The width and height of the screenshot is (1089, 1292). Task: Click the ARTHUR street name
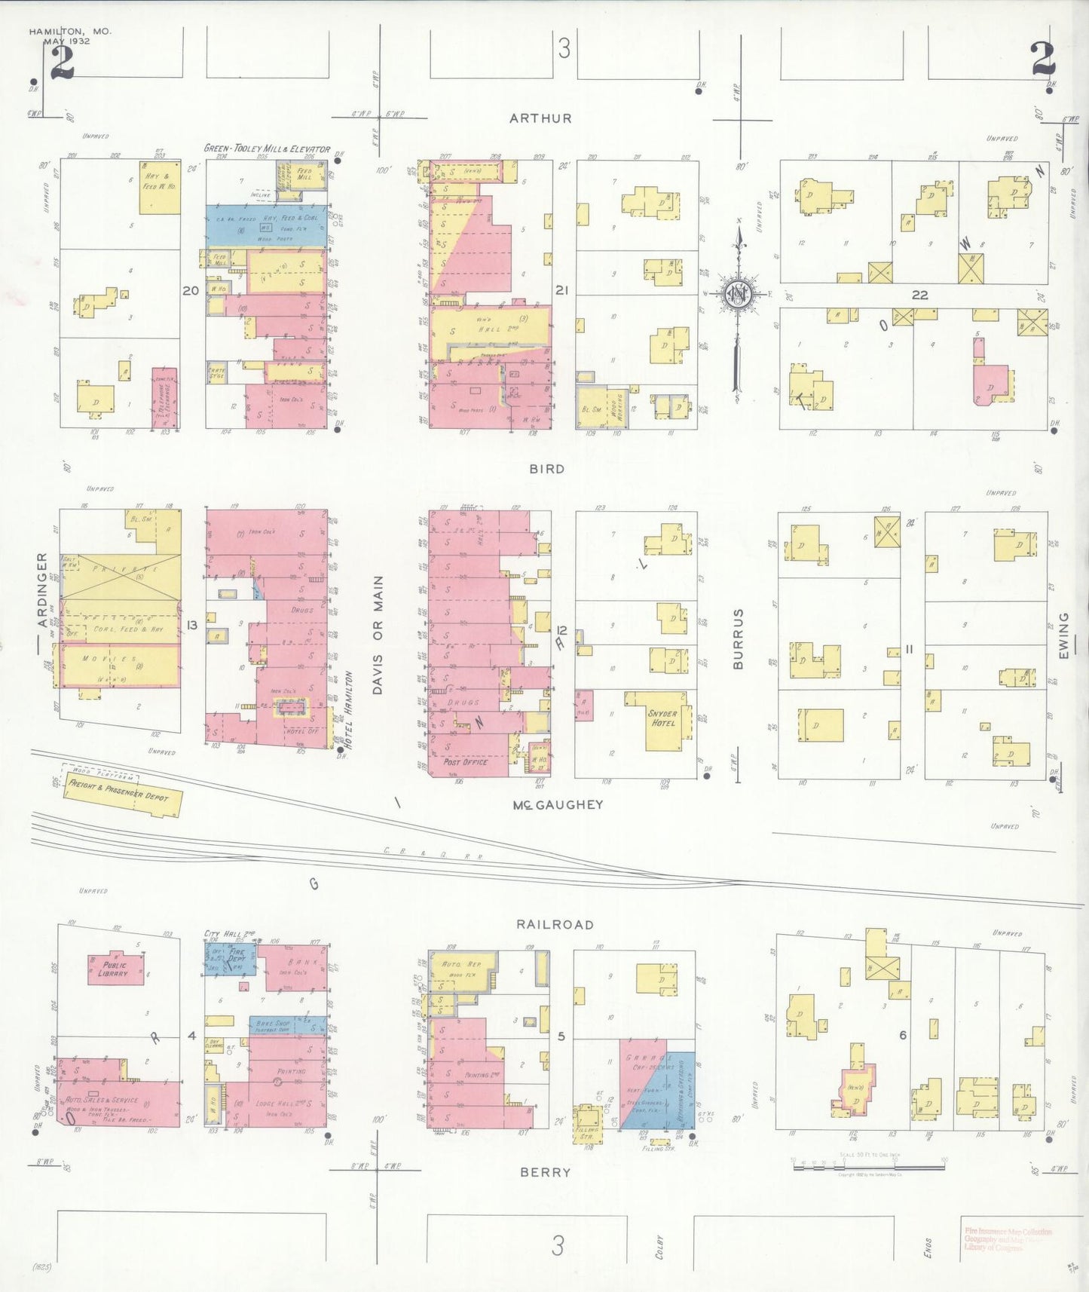(540, 118)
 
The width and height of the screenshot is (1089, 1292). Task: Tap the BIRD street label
(546, 469)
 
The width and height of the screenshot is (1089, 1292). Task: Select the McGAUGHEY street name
(558, 805)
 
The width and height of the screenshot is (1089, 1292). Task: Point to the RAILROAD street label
(555, 924)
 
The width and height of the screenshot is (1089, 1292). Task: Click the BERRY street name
(545, 1172)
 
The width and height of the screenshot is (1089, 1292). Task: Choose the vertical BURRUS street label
(739, 639)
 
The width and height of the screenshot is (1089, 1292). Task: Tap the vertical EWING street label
(1063, 635)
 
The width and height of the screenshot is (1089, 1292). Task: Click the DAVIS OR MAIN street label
(378, 635)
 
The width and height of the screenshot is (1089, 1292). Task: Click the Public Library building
(114, 969)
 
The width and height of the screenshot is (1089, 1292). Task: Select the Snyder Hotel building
(662, 719)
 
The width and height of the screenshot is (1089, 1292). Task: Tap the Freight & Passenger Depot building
(121, 791)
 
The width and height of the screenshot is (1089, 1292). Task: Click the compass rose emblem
(739, 294)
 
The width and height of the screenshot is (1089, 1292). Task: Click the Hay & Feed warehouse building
(160, 185)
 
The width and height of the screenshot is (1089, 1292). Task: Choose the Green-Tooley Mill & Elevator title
(267, 149)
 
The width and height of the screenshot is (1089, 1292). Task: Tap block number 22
(919, 295)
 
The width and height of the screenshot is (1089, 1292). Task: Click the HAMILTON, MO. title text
(70, 32)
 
